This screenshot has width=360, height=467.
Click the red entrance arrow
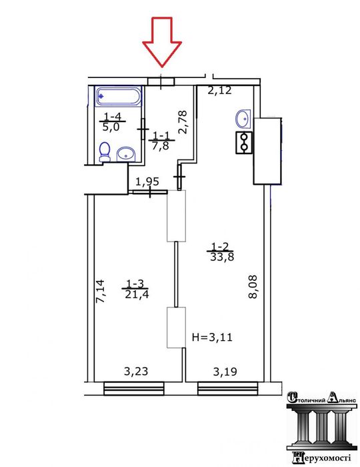click(x=162, y=41)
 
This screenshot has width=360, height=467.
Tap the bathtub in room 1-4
click(x=119, y=96)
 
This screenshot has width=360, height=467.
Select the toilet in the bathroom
click(x=105, y=152)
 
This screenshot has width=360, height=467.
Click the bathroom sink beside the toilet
click(x=127, y=154)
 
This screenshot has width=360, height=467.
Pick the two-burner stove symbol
click(x=244, y=143)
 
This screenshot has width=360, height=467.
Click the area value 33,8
click(x=222, y=257)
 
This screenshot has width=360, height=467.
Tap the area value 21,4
click(x=137, y=294)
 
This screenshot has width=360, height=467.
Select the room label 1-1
click(x=161, y=136)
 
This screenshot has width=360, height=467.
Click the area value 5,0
click(x=111, y=127)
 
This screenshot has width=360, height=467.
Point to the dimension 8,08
click(x=253, y=286)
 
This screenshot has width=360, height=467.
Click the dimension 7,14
click(x=100, y=291)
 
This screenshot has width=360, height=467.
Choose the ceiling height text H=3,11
click(x=212, y=337)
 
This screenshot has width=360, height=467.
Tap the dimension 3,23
click(x=136, y=371)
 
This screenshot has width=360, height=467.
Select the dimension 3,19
click(x=225, y=372)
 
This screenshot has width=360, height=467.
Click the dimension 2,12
click(x=219, y=90)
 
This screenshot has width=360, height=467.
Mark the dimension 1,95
click(x=147, y=181)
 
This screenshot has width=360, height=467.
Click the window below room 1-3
click(x=134, y=388)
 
